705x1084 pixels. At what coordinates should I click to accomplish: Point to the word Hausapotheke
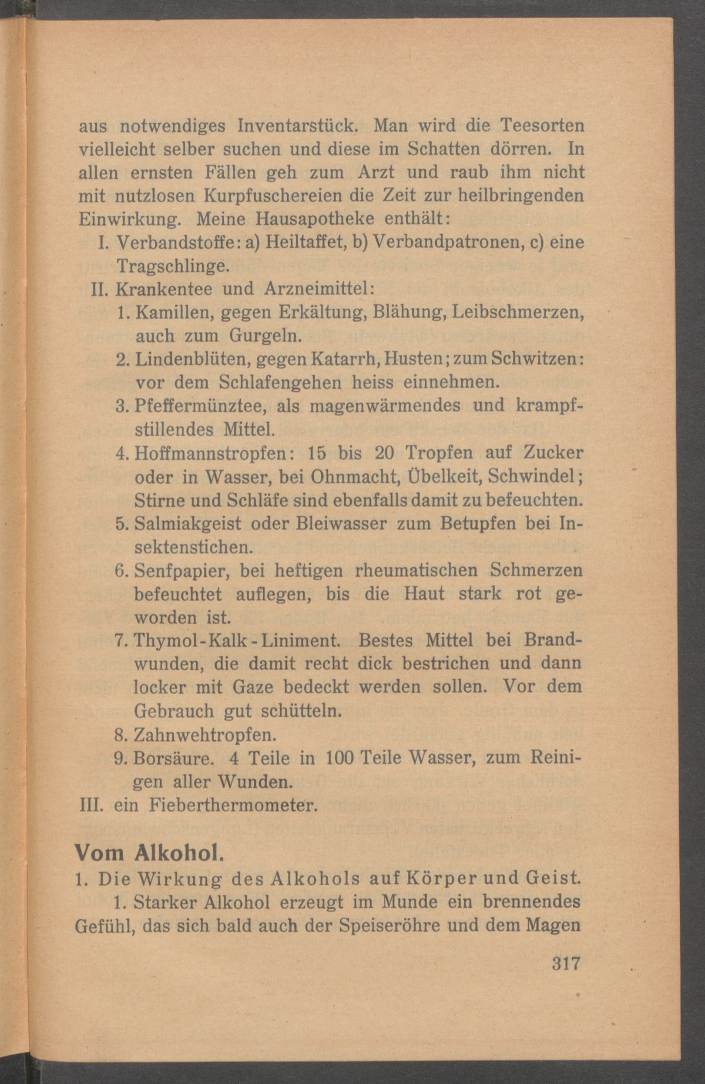315,219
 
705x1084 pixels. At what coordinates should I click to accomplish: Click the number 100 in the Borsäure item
340,758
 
